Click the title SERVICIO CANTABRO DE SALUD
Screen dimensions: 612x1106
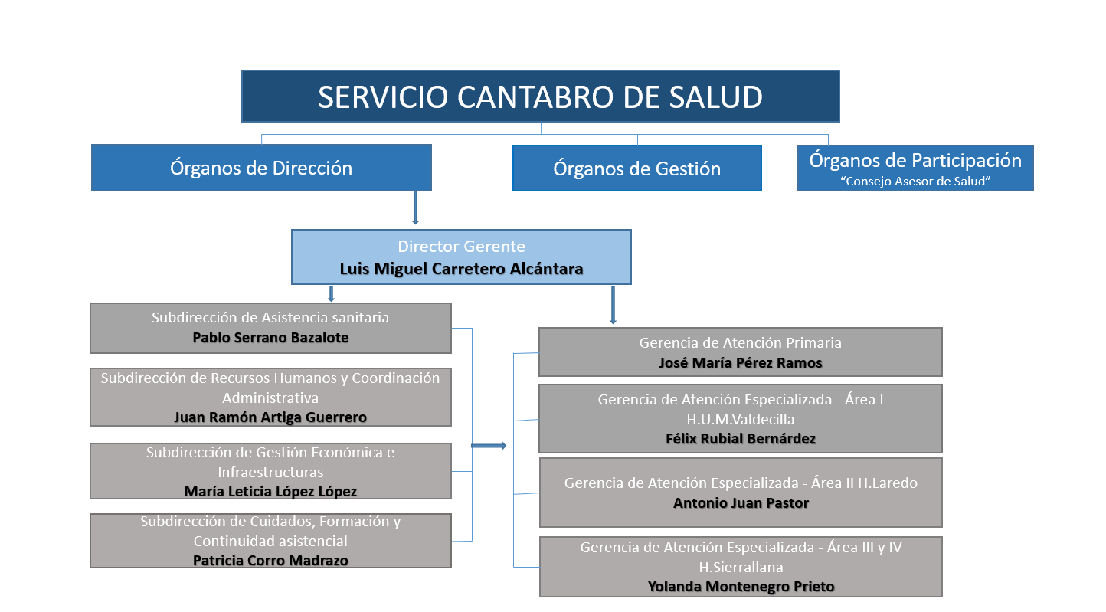[x=540, y=97]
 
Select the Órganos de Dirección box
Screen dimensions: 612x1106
[x=261, y=168]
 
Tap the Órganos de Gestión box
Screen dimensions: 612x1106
[x=636, y=169]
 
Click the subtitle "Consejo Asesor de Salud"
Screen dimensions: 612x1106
[x=915, y=182]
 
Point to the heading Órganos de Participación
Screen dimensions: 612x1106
[x=915, y=160]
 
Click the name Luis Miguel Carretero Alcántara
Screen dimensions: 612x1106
[x=461, y=269]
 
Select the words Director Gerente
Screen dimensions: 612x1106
[x=461, y=247]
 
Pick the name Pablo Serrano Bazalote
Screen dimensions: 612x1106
[x=270, y=337]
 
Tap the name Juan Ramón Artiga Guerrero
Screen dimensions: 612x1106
[x=270, y=417]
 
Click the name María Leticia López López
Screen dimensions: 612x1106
[x=270, y=491]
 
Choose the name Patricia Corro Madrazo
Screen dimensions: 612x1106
[x=270, y=560]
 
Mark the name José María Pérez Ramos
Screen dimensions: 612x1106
[x=740, y=362]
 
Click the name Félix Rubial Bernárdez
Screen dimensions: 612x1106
[x=740, y=439]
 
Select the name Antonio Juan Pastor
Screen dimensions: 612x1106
[x=740, y=502]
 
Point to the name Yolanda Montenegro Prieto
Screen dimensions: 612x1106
[x=740, y=586]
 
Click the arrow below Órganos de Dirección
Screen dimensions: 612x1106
[x=415, y=208]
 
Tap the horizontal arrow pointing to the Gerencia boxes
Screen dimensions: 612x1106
[x=489, y=446]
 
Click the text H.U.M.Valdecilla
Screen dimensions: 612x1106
[x=740, y=419]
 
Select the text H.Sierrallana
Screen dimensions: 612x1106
[x=740, y=567]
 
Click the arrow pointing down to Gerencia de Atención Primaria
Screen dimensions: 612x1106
[x=613, y=306]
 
